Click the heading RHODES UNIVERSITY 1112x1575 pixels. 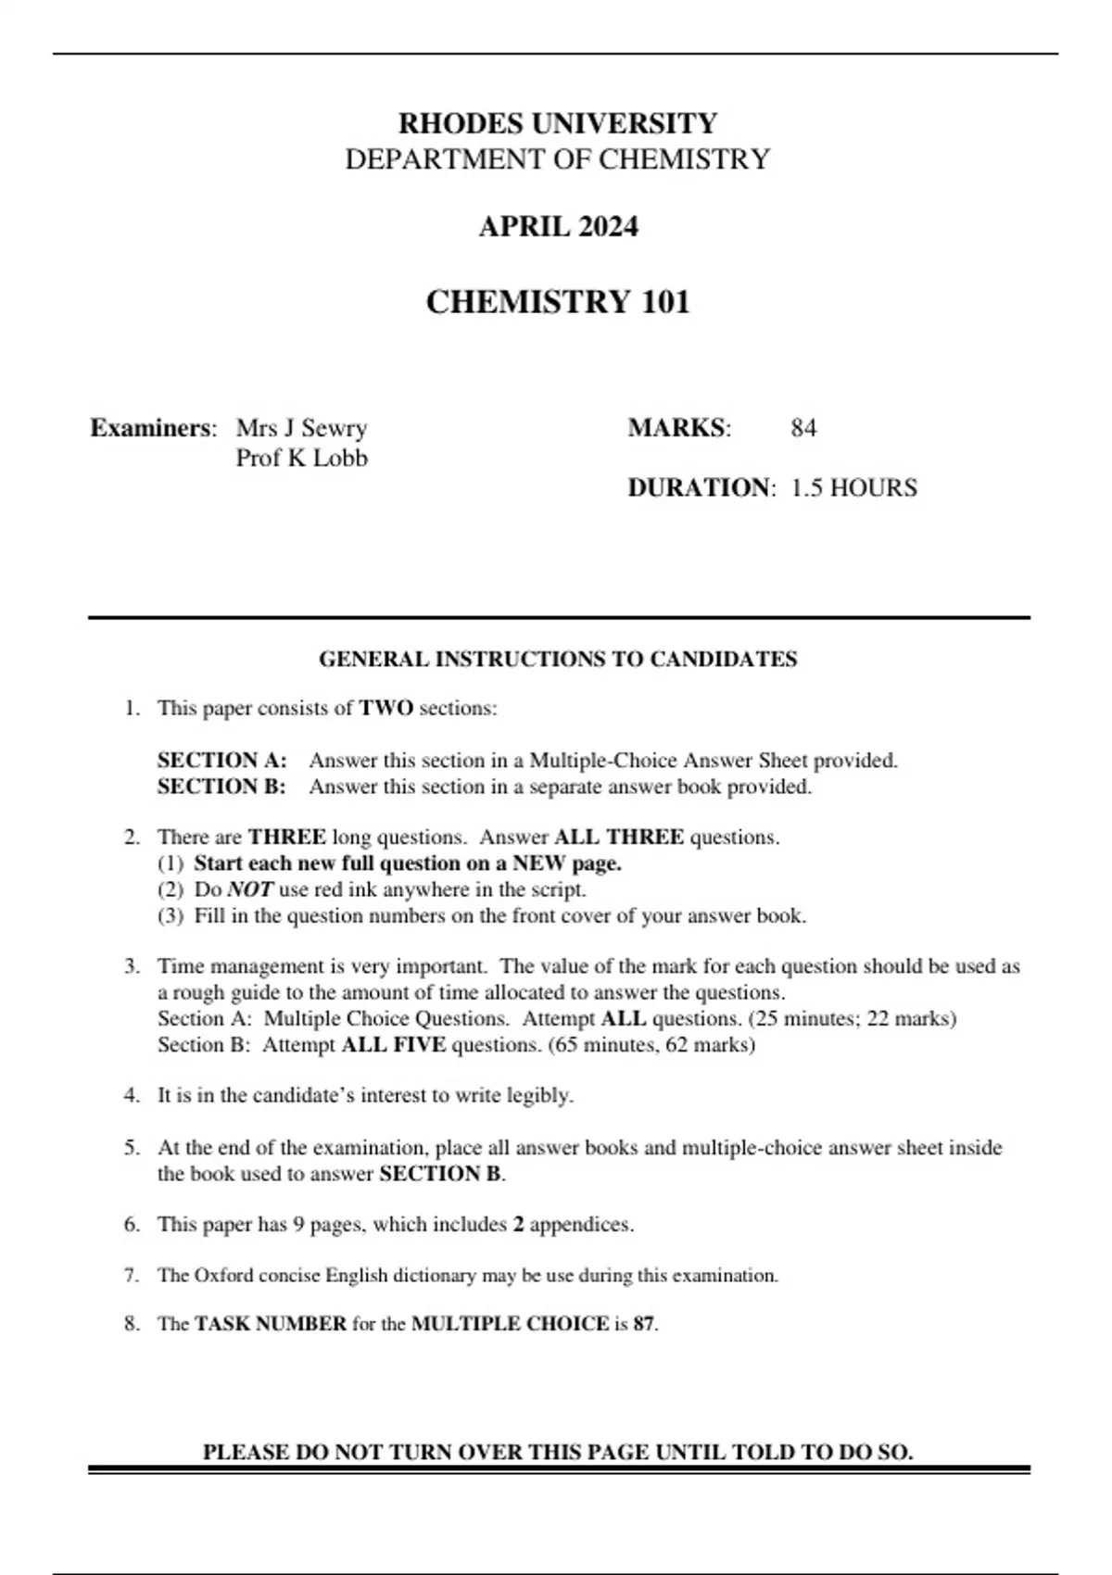[x=557, y=123]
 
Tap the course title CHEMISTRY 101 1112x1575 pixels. [x=557, y=302]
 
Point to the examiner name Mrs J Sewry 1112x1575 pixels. [x=301, y=428]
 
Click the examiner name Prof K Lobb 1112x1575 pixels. [x=301, y=458]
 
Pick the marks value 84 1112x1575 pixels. [x=803, y=428]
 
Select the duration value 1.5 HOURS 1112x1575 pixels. [x=853, y=487]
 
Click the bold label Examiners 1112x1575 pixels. [x=152, y=428]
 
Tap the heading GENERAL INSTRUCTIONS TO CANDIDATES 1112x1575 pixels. [x=557, y=660]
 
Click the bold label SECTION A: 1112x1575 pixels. [x=221, y=761]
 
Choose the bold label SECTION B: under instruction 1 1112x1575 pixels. [x=221, y=787]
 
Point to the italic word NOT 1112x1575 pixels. [x=249, y=889]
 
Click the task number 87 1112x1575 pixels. [x=644, y=1324]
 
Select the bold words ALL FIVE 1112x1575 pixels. [x=394, y=1045]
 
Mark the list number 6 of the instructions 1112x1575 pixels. [x=132, y=1224]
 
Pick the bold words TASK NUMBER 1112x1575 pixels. [x=271, y=1324]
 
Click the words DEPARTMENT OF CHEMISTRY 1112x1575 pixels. [x=557, y=159]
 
